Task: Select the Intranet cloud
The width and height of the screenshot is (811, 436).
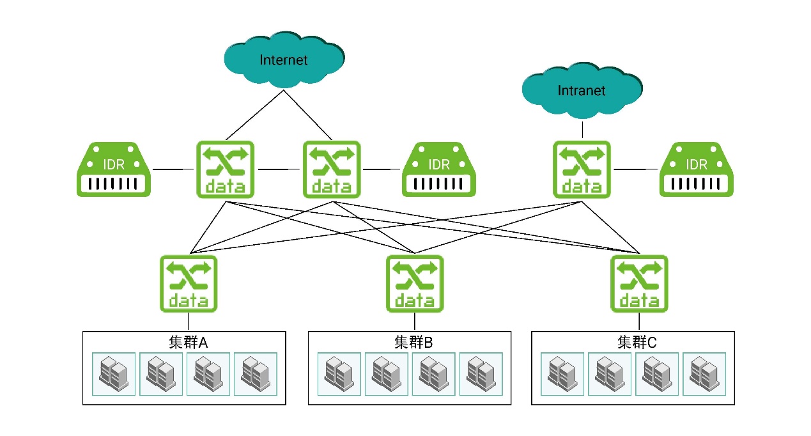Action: coord(582,91)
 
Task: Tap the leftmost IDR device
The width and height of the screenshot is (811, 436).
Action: coord(114,169)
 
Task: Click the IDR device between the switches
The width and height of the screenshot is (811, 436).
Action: coord(439,169)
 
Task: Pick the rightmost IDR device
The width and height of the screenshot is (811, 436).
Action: coord(696,169)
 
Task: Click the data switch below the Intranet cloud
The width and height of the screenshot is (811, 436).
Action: coord(582,169)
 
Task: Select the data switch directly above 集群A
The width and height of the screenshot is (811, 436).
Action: coord(188,283)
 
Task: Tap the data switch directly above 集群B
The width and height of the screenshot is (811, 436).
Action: coord(414,283)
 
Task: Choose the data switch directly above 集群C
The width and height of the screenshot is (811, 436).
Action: coord(639,283)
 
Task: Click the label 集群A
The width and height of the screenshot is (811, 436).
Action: coord(189,343)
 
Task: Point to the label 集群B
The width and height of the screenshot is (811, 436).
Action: coord(413,343)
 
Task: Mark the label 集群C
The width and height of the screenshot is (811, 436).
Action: coord(637,343)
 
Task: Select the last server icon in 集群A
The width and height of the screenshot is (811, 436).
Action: coord(256,374)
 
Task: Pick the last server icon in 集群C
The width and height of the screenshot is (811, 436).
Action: coord(704,374)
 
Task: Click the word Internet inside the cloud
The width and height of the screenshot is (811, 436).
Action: coord(284,60)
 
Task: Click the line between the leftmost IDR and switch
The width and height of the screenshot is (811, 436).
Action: coord(173,169)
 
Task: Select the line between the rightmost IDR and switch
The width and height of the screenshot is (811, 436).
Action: coord(635,169)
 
